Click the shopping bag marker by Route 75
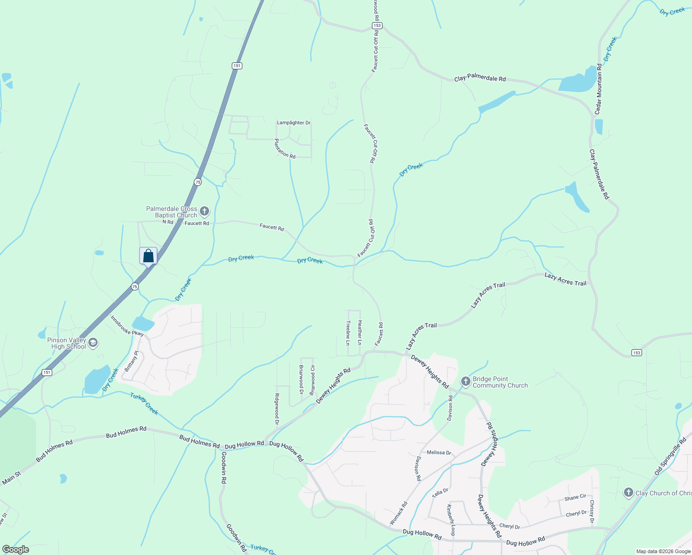coord(148,256)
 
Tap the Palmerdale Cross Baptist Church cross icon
coord(204,212)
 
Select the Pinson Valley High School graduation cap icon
coord(93,343)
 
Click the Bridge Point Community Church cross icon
coord(466,382)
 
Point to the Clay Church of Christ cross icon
coord(628,493)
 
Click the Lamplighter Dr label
coord(294,123)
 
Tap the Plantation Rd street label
coord(285,148)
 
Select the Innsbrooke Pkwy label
coord(127,326)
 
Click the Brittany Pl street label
coord(131,361)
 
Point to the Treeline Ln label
coord(348,333)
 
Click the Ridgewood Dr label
coord(277,409)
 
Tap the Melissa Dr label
coord(439,452)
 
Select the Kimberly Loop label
coord(451,520)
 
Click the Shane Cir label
coord(575,498)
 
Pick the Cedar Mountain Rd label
coord(599,89)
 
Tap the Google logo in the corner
coord(16,549)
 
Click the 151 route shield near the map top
coord(237,66)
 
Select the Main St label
coord(11,478)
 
